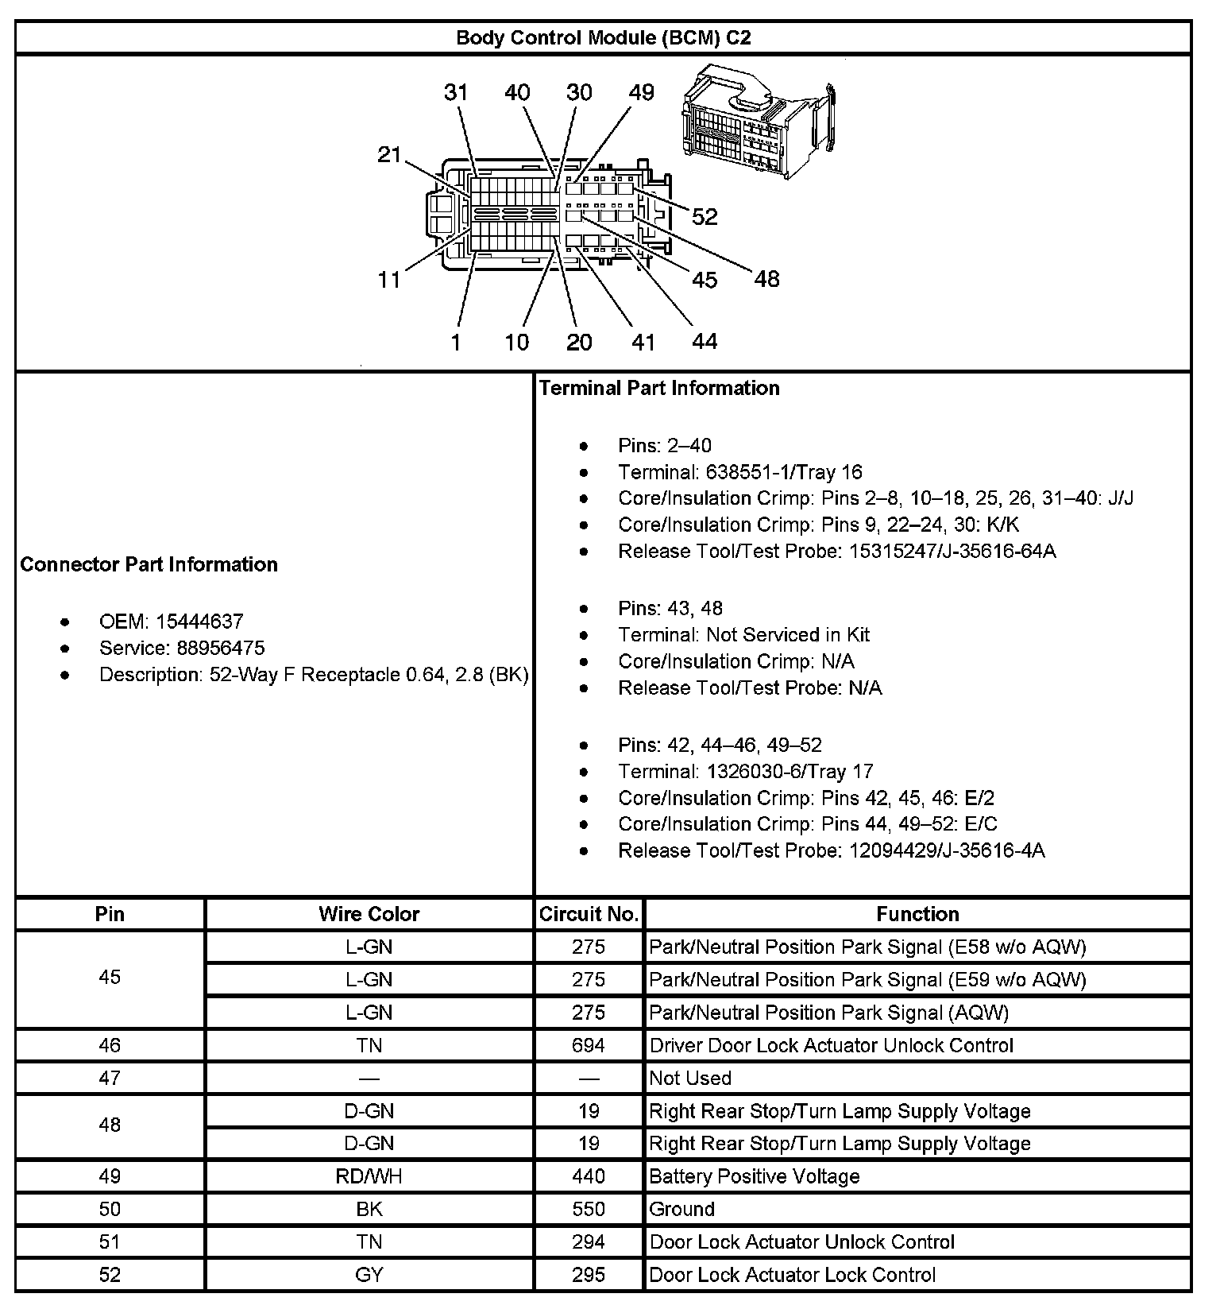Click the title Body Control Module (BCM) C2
coord(603,38)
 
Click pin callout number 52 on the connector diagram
coord(705,217)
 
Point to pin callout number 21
coord(389,154)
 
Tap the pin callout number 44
coord(705,342)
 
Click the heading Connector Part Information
coord(149,564)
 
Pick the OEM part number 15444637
coord(199,622)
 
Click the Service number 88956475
coord(221,648)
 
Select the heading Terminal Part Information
coord(659,388)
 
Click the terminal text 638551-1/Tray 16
coord(784,472)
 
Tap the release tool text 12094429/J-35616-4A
coord(947,850)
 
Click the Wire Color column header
coord(369,914)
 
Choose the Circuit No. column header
coord(589,914)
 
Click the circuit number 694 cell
coord(589,1045)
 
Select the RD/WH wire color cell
coord(369,1176)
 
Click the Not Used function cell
coord(690,1078)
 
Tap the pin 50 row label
coord(110,1209)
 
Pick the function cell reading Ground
coord(682,1209)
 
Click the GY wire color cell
coord(369,1275)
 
